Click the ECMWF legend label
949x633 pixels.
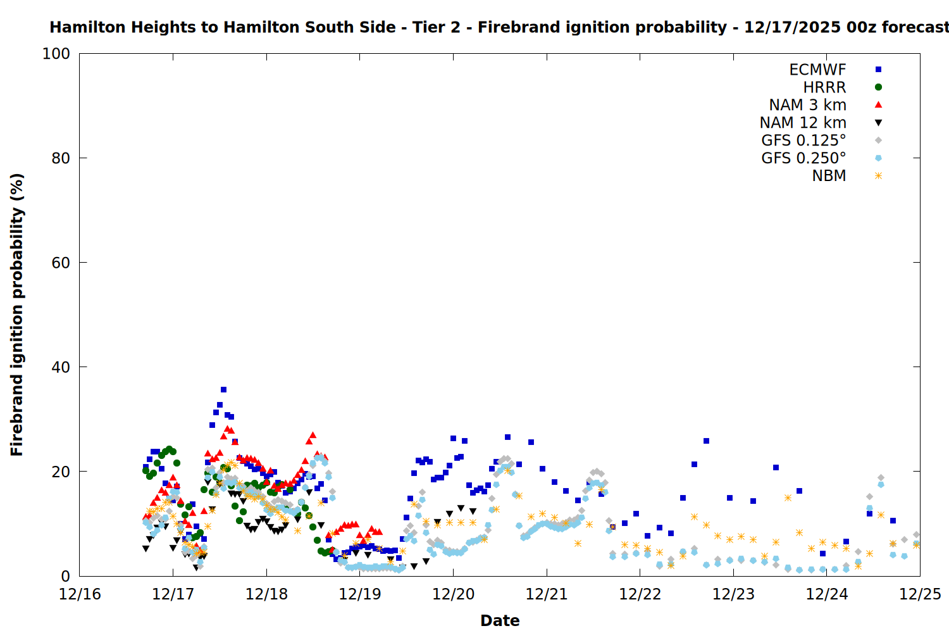pos(817,70)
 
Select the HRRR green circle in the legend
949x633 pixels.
pos(878,87)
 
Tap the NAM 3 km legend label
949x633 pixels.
pos(807,105)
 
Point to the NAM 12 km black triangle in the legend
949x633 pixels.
pos(878,123)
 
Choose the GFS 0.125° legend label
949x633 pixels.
pos(803,141)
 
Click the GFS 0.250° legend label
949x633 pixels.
pos(803,158)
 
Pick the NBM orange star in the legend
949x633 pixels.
pos(878,176)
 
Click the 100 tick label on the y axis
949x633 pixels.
pos(56,54)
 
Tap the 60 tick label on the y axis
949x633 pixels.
pos(61,263)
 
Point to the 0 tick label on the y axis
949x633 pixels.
pos(66,576)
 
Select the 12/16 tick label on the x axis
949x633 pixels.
pos(80,594)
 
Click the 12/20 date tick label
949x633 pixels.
pos(453,594)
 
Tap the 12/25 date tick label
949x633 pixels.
pos(920,594)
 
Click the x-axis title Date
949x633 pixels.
pos(500,620)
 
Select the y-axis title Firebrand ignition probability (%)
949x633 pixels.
pos(17,315)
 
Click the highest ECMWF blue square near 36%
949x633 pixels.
pos(223,390)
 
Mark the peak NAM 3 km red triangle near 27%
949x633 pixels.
pos(313,436)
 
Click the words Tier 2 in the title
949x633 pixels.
pos(438,27)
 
